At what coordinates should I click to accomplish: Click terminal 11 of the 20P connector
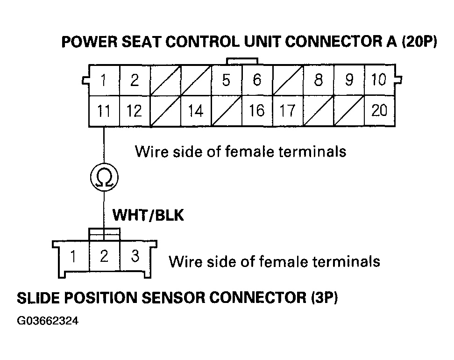(x=104, y=111)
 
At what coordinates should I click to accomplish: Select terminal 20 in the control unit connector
(x=379, y=111)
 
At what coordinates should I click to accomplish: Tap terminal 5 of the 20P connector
(x=226, y=80)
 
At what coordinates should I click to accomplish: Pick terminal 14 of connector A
(x=196, y=111)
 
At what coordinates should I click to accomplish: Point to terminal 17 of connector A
(x=287, y=111)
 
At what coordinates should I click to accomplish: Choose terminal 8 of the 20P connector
(x=318, y=80)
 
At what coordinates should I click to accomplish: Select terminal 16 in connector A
(x=257, y=111)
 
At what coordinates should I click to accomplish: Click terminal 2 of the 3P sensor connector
(x=104, y=256)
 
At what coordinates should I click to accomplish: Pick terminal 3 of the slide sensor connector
(x=135, y=256)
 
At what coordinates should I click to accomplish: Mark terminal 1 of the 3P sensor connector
(x=73, y=256)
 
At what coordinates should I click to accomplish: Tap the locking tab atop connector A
(x=241, y=61)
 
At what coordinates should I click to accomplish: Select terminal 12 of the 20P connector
(x=135, y=111)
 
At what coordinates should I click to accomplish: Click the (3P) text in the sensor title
(x=323, y=298)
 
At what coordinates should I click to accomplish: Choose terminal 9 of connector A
(x=349, y=80)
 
